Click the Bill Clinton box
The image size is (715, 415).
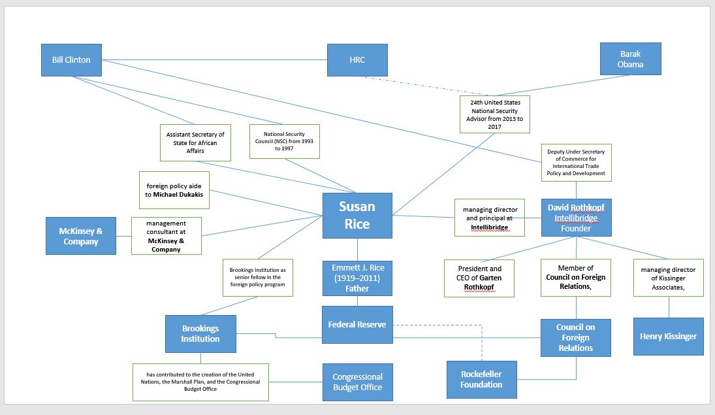pyautogui.click(x=72, y=60)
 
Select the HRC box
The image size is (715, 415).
pyautogui.click(x=357, y=60)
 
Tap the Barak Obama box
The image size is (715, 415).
pyautogui.click(x=630, y=59)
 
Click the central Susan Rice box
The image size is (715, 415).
pyautogui.click(x=357, y=216)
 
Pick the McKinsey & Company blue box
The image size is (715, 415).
pyautogui.click(x=81, y=236)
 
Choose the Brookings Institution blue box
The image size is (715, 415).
pyautogui.click(x=200, y=334)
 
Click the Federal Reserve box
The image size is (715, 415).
pyautogui.click(x=357, y=325)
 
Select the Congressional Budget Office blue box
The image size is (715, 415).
pyautogui.click(x=357, y=382)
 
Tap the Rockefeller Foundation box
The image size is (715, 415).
pyautogui.click(x=481, y=380)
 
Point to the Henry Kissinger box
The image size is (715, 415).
pyautogui.click(x=668, y=337)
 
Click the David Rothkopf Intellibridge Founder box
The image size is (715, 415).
pyautogui.click(x=576, y=218)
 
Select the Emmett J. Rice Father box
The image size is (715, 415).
pyautogui.click(x=357, y=277)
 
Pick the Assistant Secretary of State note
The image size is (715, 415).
pyautogui.click(x=195, y=142)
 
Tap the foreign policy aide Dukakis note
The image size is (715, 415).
pyautogui.click(x=174, y=190)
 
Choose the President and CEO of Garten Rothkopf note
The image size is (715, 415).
pyautogui.click(x=479, y=278)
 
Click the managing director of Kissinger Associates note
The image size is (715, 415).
pyautogui.click(x=668, y=278)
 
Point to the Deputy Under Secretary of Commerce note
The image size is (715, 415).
pyautogui.click(x=576, y=163)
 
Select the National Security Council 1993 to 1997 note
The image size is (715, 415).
pyautogui.click(x=285, y=141)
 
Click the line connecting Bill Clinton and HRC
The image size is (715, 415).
pyautogui.click(x=215, y=60)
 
